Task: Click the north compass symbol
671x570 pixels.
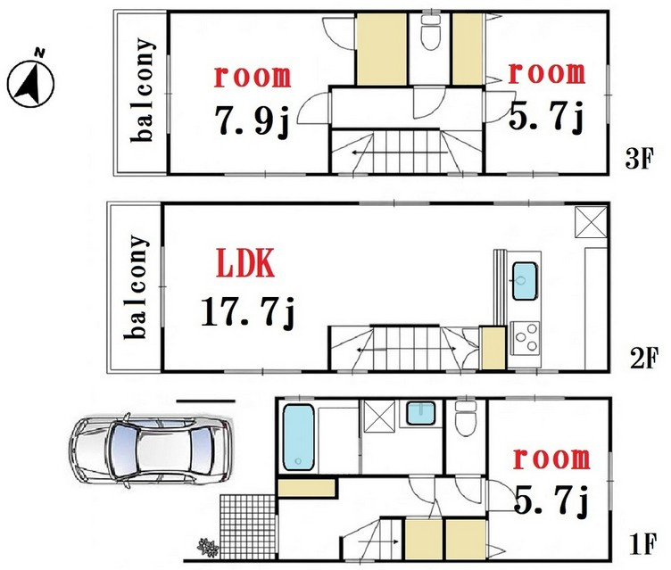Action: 31,79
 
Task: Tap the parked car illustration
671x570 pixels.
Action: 152,450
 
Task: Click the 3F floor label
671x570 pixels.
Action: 640,161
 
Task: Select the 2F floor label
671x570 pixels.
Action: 642,359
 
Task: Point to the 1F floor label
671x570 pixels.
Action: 642,544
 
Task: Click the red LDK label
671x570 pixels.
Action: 244,263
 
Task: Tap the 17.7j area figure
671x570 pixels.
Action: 248,312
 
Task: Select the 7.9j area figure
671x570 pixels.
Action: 253,120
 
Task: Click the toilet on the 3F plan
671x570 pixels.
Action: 429,33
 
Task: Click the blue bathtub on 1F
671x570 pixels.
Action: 298,437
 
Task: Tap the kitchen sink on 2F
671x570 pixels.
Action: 525,281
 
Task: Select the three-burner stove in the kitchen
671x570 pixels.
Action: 525,336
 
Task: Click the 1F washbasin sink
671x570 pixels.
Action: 420,412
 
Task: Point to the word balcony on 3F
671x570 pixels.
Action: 142,90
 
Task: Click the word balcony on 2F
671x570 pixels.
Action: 136,286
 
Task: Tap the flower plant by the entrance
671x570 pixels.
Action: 208,547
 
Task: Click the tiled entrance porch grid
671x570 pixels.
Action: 247,526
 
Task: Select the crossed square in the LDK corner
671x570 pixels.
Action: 591,221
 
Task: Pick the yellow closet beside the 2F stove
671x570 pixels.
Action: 493,348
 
